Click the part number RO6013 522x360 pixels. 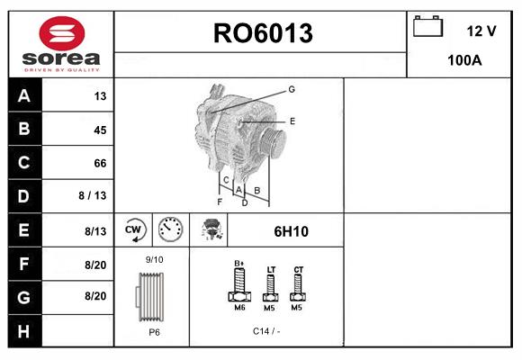coord(262,33)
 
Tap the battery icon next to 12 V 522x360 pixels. coord(427,28)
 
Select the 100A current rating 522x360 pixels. coord(464,61)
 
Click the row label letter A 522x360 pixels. coord(23,96)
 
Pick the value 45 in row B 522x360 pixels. coord(99,130)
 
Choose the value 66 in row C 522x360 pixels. coord(99,163)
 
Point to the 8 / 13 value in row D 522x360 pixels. coord(93,196)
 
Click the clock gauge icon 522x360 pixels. coord(169,230)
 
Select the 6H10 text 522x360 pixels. coord(291,231)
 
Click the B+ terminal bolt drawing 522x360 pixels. coord(239,286)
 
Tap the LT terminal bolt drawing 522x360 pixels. coord(270,288)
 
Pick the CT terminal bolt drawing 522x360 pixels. coord(299,287)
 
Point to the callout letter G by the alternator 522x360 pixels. coord(291,89)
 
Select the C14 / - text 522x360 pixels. coord(266,330)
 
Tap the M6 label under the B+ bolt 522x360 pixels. coord(239,308)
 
